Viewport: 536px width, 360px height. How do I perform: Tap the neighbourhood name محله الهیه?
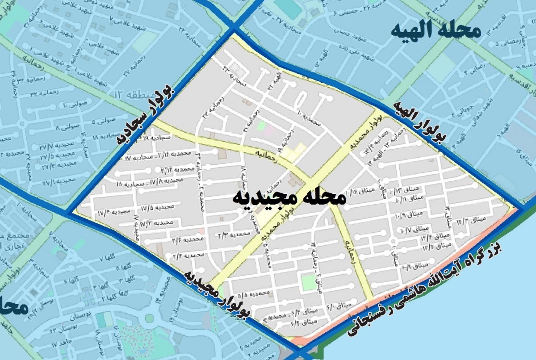point(435,31)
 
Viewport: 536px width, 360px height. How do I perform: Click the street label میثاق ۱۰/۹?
point(407,214)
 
